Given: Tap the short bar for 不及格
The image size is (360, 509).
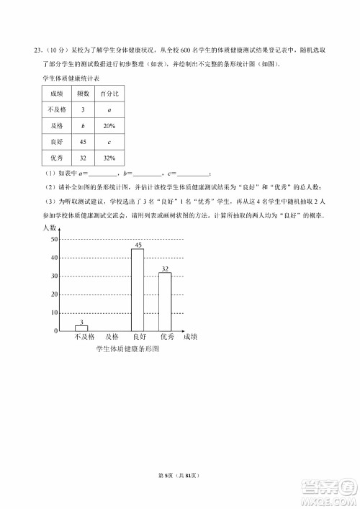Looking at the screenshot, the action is pos(81,328).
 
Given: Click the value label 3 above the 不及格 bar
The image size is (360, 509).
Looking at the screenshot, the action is pos(81,322).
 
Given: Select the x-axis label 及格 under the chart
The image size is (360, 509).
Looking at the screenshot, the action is pos(109,337).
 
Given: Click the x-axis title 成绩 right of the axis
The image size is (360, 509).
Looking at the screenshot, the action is pos(191,337).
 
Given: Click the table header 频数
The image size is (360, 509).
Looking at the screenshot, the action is pos(83,94).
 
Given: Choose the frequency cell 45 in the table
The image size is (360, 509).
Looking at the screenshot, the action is pos(83,142).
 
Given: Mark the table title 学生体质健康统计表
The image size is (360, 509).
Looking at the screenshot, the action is pos(68,78).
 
